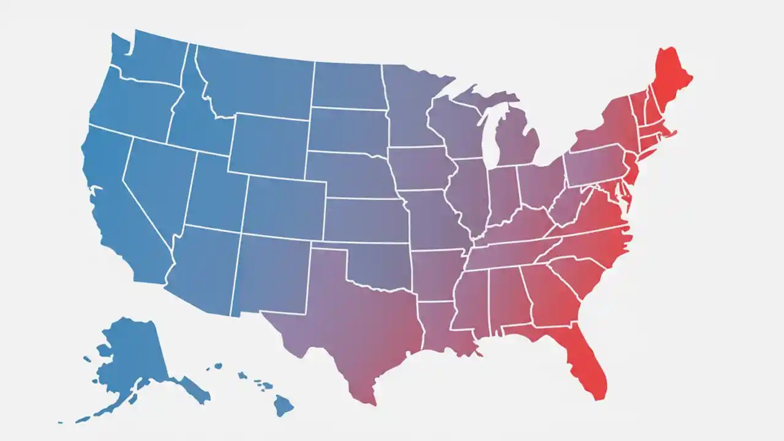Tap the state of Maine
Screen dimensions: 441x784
coord(671,80)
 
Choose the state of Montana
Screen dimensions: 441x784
coord(257,83)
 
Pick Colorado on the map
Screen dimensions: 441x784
coord(285,208)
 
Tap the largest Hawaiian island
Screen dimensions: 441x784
coord(283,404)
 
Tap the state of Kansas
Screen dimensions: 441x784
coord(364,221)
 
